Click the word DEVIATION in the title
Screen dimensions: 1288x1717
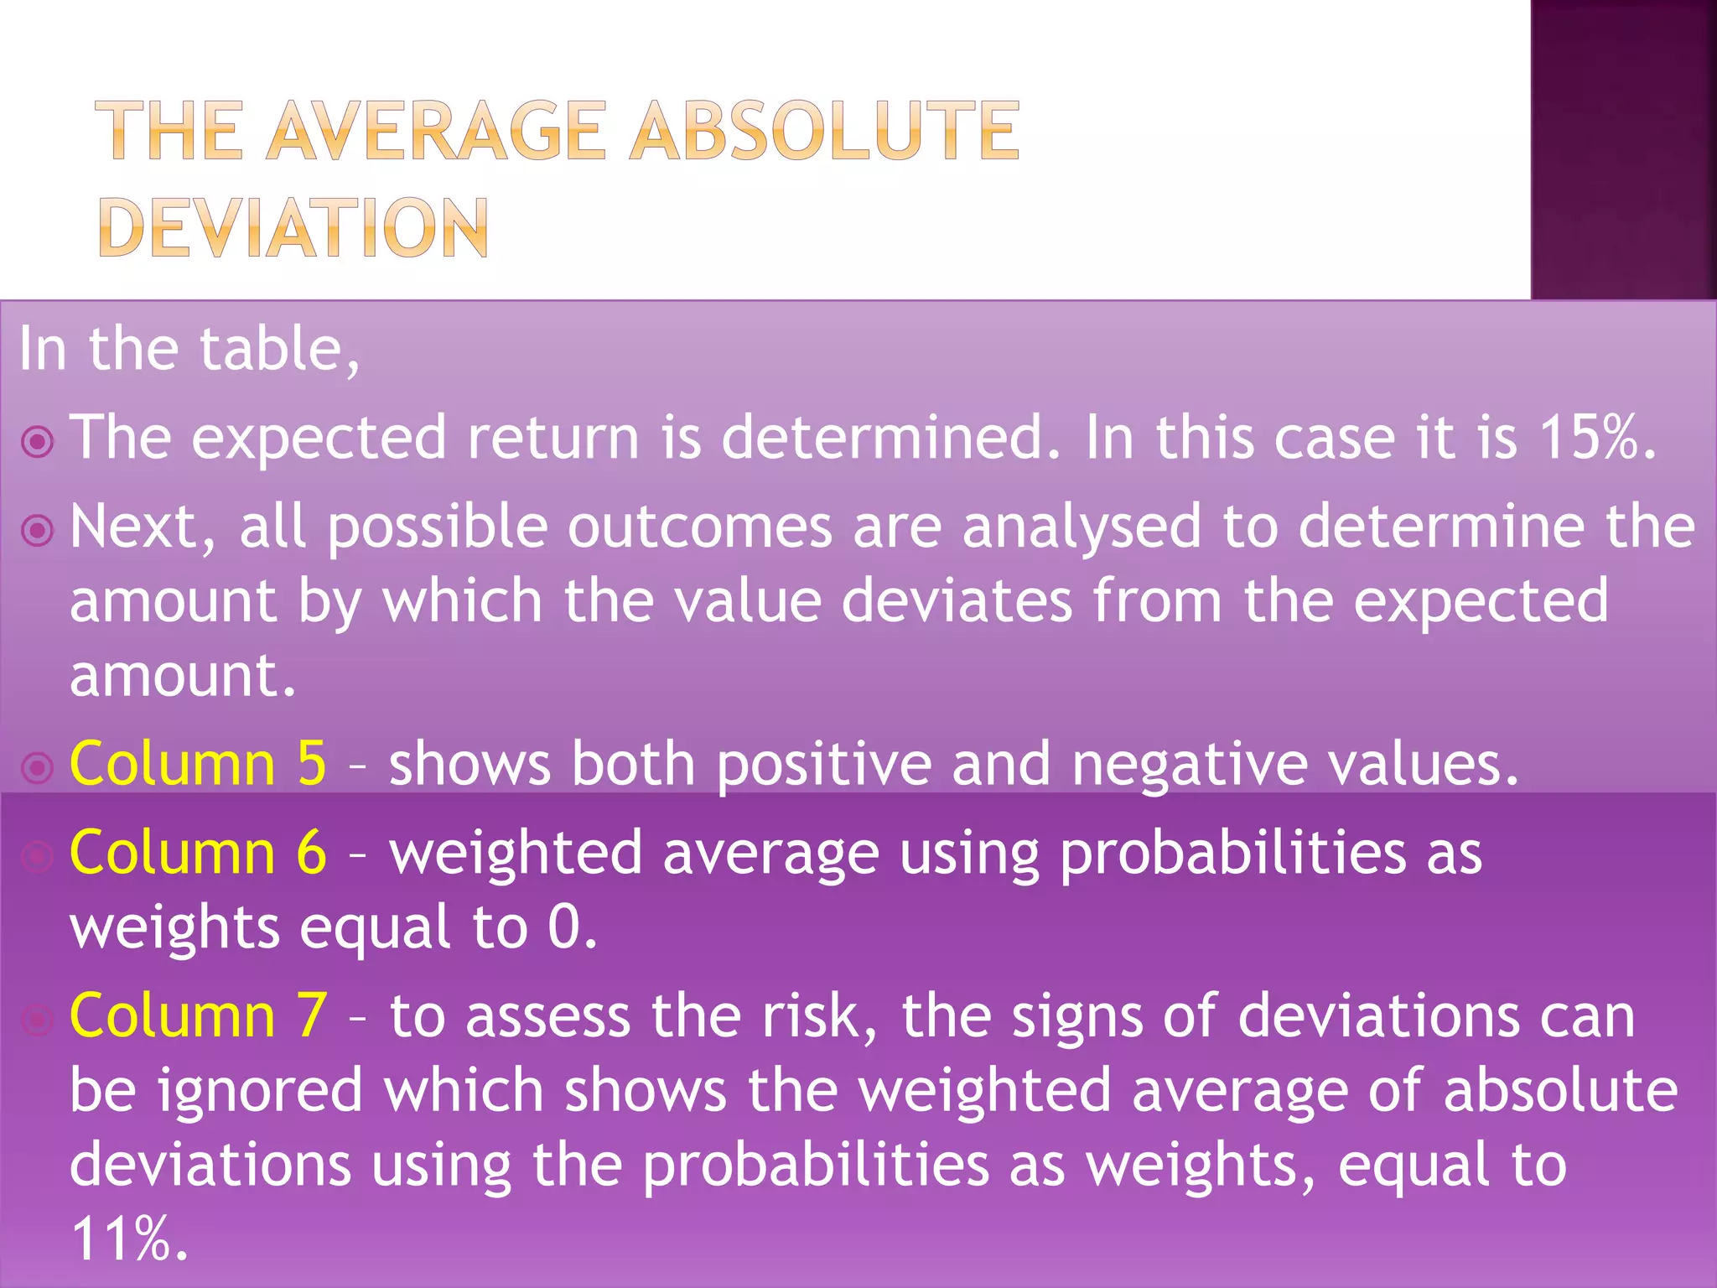293,227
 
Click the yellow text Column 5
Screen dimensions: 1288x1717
198,764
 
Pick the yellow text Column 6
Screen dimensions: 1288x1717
198,853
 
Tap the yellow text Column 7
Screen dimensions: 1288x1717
198,1015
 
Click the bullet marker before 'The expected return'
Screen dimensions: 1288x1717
38,441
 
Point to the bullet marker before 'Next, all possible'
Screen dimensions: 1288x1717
38,530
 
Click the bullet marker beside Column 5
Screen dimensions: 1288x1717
38,767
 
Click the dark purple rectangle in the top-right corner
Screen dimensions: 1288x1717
1623,149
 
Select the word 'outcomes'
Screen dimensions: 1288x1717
700,527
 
